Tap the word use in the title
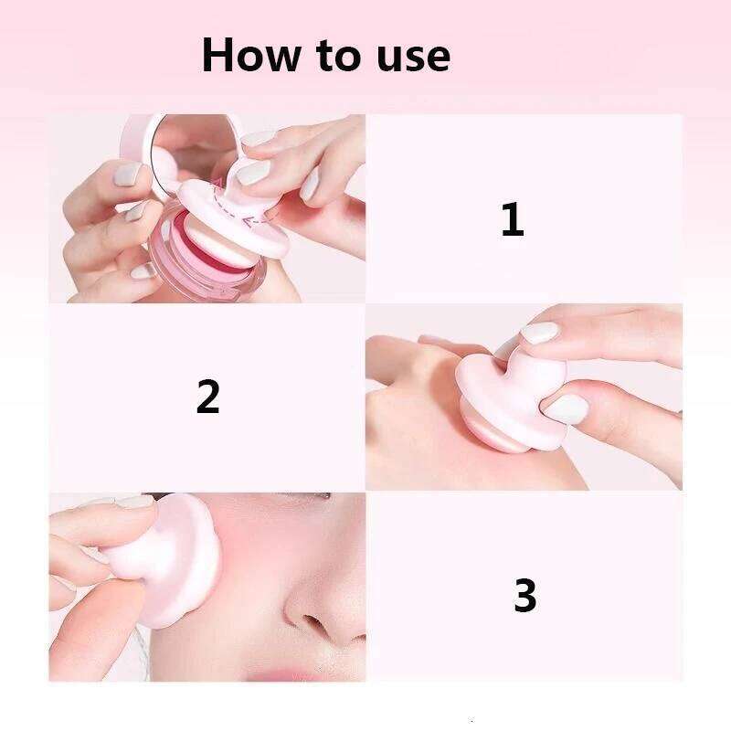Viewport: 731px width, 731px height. click(x=414, y=58)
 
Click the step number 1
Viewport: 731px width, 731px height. click(x=513, y=219)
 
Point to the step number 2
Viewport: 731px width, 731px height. click(x=208, y=396)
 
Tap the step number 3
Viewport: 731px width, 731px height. click(x=524, y=595)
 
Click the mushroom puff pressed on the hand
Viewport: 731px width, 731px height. click(x=511, y=401)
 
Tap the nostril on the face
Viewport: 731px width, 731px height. click(x=313, y=622)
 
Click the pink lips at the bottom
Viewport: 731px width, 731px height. click(x=284, y=673)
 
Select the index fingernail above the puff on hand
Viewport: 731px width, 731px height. click(x=539, y=333)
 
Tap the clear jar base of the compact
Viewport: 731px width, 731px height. click(x=205, y=270)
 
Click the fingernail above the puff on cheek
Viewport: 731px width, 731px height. click(x=134, y=502)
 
